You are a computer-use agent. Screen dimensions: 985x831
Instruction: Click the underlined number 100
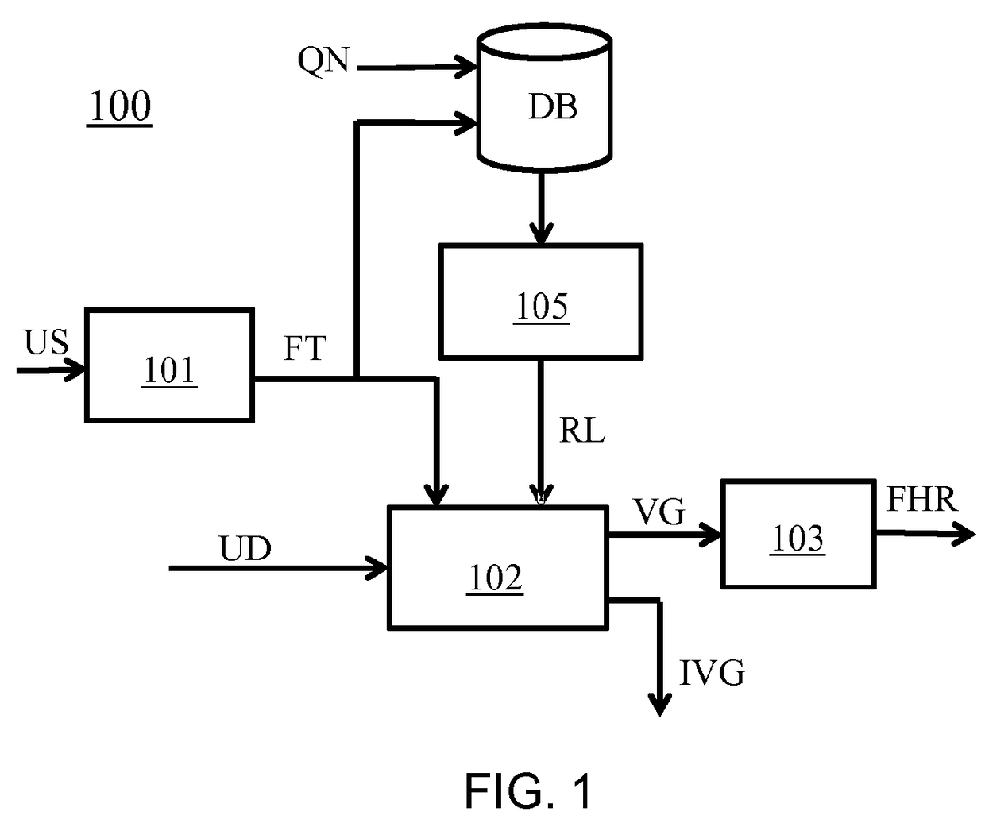120,106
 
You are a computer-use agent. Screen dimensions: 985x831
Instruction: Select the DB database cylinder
544,98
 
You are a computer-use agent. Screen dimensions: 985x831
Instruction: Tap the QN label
323,60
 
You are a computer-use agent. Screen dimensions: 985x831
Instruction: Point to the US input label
46,342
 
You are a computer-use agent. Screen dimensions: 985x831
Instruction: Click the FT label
305,348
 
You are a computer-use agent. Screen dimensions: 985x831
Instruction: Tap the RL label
582,431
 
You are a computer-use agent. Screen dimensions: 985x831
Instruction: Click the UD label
245,548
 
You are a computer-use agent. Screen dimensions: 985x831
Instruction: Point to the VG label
659,512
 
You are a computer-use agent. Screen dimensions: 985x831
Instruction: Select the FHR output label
922,499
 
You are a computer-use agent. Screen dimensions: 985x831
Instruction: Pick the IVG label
712,672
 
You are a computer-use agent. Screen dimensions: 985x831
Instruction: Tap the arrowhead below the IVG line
659,705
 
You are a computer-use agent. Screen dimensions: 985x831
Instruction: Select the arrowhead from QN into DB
465,67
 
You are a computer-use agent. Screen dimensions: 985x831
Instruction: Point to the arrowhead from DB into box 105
541,233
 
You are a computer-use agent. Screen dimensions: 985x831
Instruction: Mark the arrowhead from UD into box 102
377,568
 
